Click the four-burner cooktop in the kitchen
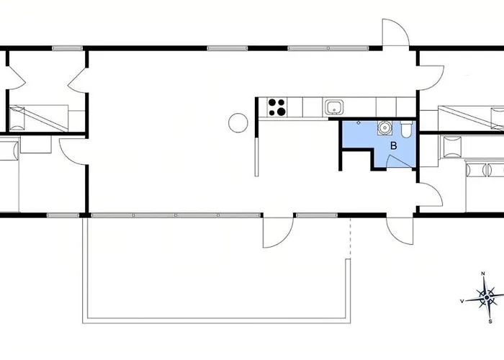[277, 107]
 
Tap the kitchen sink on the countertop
[333, 108]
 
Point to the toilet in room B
[407, 130]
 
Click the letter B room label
[393, 146]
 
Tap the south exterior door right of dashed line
[400, 229]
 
